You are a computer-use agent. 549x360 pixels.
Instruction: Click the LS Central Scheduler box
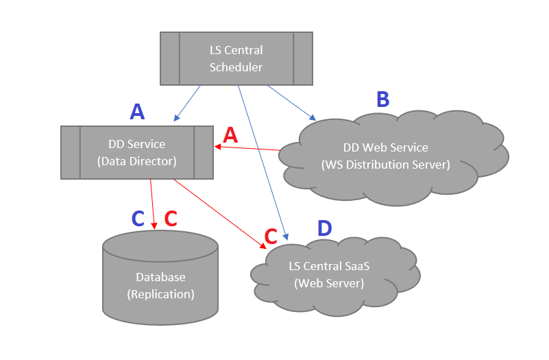click(236, 58)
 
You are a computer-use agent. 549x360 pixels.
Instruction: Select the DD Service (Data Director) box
click(137, 152)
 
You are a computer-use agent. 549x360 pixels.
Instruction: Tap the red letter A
click(230, 135)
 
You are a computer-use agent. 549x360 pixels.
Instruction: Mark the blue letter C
click(138, 219)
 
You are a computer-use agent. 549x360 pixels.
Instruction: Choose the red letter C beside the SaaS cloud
click(271, 237)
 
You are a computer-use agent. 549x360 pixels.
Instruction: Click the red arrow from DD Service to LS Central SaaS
click(219, 213)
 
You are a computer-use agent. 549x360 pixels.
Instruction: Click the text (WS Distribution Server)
click(385, 165)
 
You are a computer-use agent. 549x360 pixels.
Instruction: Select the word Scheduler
click(236, 67)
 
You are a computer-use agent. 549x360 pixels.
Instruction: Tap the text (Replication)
click(160, 294)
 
